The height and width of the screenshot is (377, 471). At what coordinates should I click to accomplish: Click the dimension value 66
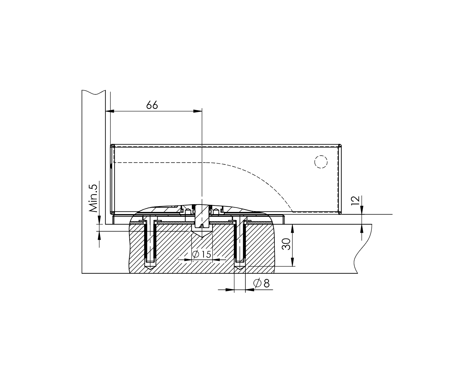coord(152,105)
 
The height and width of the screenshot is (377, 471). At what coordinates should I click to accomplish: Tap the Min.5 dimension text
coord(93,198)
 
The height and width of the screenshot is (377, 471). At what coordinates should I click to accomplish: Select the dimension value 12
coord(355,201)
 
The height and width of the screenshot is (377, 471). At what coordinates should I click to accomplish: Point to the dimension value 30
coord(286,244)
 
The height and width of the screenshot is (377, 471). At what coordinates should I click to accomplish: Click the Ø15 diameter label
coord(202,254)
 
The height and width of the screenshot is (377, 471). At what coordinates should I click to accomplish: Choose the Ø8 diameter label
coord(261,283)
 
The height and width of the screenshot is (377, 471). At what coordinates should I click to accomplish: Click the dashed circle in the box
coord(321,162)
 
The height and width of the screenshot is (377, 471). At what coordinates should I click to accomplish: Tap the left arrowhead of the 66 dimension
coord(110,111)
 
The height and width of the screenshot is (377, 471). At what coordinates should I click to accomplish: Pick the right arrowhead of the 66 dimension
coord(198,111)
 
